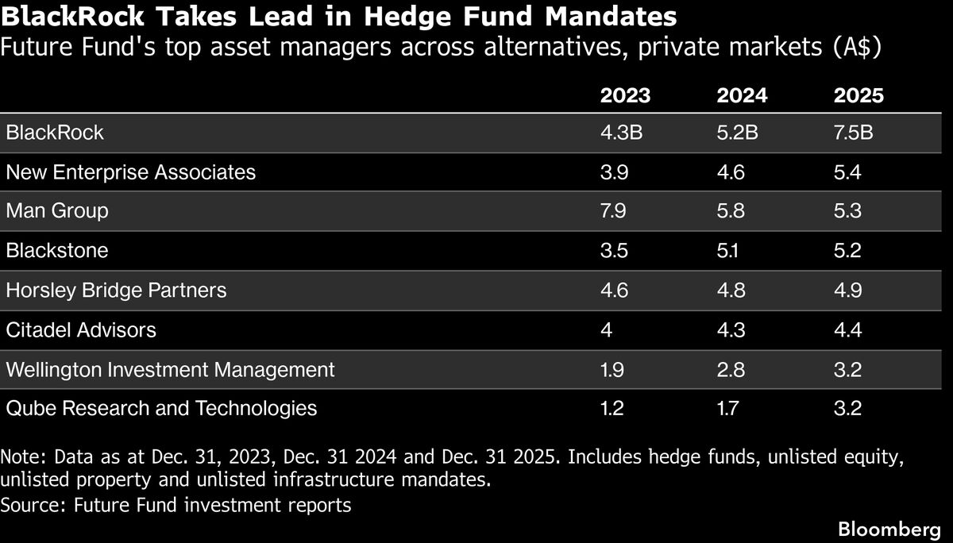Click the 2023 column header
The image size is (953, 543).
(625, 95)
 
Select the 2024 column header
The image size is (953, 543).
(742, 95)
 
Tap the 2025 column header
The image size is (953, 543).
(858, 95)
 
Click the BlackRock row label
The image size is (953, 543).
(55, 132)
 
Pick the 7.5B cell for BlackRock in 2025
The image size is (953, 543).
(854, 132)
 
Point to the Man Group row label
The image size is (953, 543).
(57, 210)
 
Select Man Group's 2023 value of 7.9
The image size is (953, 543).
(614, 210)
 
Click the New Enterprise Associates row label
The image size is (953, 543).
(131, 171)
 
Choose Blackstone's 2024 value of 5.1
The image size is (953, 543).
(731, 250)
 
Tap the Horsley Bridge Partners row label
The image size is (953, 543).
(116, 290)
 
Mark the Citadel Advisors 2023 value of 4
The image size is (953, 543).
(607, 329)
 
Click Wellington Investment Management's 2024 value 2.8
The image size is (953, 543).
(731, 369)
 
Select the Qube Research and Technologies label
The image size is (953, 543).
(161, 408)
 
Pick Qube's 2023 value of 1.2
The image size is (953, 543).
(614, 408)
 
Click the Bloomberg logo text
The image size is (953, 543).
(889, 528)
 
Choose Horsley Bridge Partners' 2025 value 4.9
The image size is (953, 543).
(847, 290)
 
